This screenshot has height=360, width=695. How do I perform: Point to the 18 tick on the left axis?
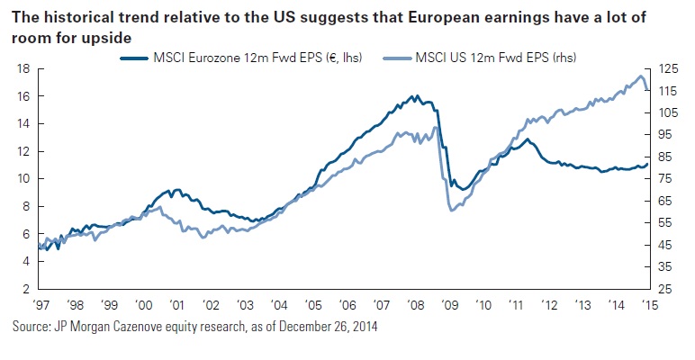click(25, 68)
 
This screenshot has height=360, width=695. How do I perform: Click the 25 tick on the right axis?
click(665, 289)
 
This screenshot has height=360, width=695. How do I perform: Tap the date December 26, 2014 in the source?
click(320, 326)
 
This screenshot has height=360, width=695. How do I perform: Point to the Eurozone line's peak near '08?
click(413, 95)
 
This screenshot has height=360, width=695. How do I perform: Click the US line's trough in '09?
click(451, 210)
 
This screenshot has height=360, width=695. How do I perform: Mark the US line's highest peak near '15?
click(640, 76)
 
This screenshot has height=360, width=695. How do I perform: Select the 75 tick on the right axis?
click(665, 178)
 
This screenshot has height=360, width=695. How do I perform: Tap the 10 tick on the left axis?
click(25, 178)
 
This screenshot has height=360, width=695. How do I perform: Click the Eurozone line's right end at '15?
click(646, 164)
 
